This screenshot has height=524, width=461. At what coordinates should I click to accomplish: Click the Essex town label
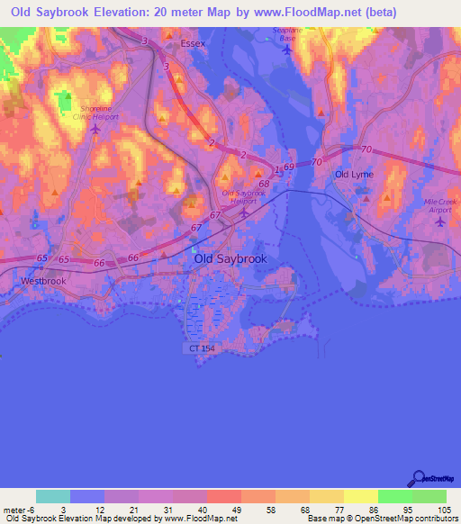pos(193,43)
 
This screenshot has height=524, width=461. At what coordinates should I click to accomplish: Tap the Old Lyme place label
pos(353,174)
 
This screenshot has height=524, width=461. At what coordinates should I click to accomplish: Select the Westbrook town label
pos(41,280)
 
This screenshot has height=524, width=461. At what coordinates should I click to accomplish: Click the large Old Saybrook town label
pos(230,258)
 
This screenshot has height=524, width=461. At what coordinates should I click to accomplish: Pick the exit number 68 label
pos(264,184)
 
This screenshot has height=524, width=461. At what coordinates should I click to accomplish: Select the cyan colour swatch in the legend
pos(53,495)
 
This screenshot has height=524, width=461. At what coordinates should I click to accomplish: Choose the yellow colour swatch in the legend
pos(361,495)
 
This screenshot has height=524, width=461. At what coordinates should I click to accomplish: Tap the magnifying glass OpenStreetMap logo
pos(417,478)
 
